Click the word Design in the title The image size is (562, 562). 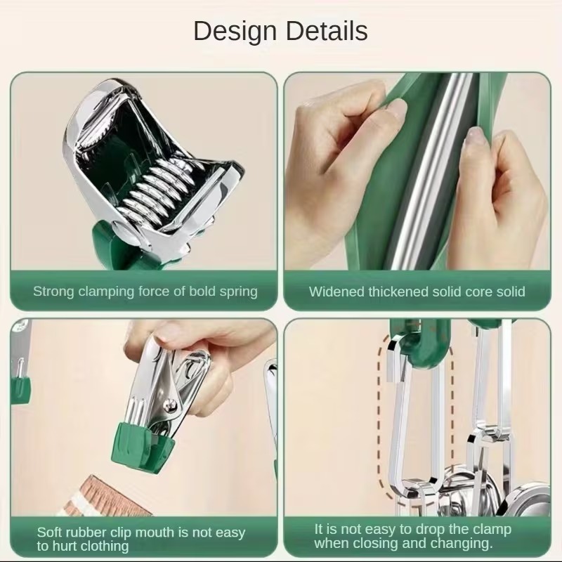[x=235, y=32]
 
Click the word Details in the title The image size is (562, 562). [x=327, y=31]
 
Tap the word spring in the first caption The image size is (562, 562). [x=238, y=292]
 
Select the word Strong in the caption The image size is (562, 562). [x=54, y=292]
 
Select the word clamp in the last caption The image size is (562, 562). [x=493, y=530]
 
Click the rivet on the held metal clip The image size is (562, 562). [x=170, y=405]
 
